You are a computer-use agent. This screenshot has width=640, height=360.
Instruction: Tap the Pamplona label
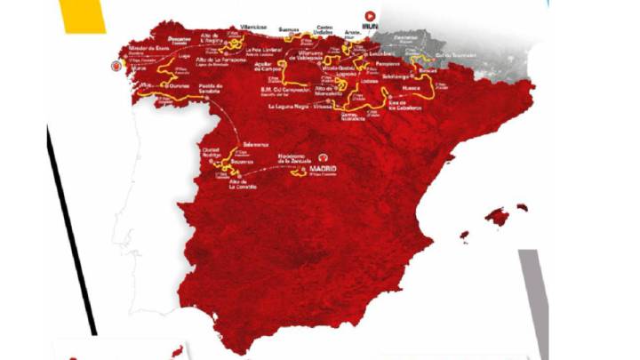[385, 66]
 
